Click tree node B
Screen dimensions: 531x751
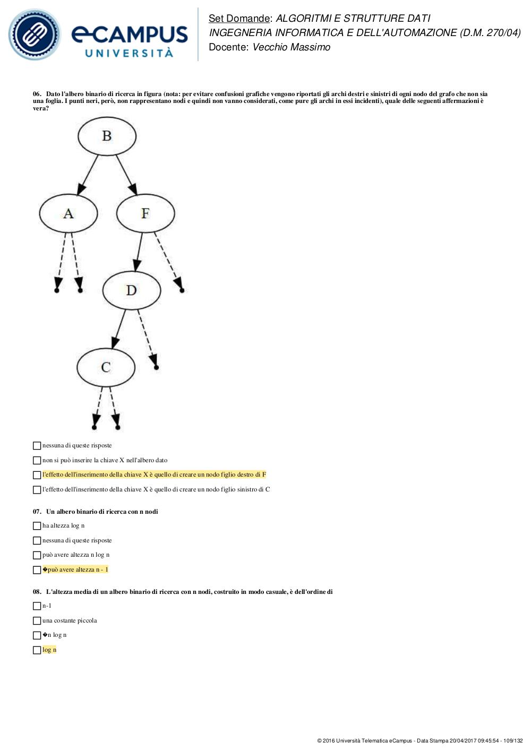107,136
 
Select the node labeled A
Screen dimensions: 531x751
68,213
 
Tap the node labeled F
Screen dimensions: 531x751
145,213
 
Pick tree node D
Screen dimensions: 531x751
132,290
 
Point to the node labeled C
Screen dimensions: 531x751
106,367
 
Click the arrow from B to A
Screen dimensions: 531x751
88,175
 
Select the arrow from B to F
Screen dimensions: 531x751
126,175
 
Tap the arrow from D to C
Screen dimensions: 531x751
119,329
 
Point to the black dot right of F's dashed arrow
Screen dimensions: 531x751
182,290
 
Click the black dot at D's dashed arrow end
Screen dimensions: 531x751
156,367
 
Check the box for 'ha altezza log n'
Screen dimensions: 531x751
37,525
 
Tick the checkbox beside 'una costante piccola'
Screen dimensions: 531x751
37,620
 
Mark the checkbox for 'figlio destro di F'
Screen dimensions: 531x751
37,475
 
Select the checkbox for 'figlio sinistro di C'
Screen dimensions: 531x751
37,490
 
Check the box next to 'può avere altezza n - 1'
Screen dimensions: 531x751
37,570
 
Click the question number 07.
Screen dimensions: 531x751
37,512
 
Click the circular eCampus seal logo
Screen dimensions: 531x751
35,34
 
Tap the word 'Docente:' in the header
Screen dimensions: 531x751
228,47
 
